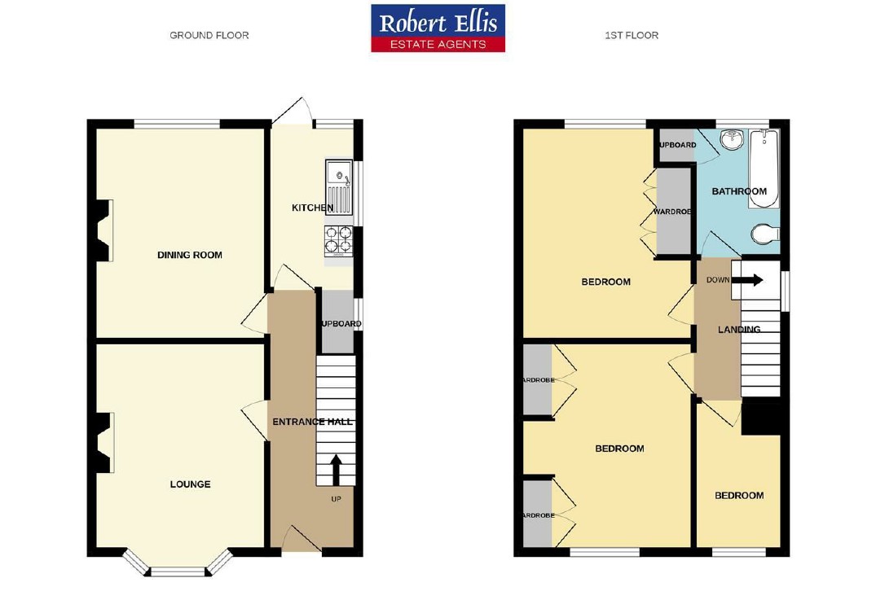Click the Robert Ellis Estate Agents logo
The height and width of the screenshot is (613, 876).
click(438, 28)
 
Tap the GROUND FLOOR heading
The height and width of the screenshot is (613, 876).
click(209, 35)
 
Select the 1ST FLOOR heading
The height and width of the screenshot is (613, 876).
click(632, 35)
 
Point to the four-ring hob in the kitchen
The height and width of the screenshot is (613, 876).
click(338, 239)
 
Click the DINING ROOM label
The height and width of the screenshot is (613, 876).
click(189, 255)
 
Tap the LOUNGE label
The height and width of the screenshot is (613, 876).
click(190, 484)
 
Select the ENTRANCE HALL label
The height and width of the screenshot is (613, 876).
click(312, 422)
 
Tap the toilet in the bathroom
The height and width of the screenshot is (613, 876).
click(764, 235)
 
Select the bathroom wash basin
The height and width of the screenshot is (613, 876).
click(731, 139)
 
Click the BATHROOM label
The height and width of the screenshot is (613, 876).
click(739, 191)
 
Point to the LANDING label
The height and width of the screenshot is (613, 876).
click(738, 330)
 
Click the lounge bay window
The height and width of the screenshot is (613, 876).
click(178, 568)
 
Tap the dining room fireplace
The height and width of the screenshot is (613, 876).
click(103, 231)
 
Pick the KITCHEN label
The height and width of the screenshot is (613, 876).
click(312, 208)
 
